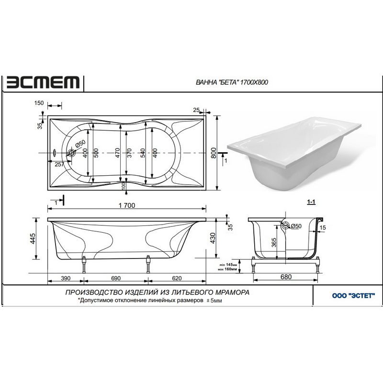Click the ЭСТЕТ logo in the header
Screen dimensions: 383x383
pos(43,82)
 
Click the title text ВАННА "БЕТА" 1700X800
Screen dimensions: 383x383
pos(232,82)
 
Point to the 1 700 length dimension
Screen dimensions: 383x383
pos(127,205)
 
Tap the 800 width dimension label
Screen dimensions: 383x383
pos(214,153)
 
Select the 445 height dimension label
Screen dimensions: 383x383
pos(33,238)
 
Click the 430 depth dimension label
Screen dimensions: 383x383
pos(213,238)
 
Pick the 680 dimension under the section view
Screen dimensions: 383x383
pos(286,277)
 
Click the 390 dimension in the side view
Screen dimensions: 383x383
pos(66,278)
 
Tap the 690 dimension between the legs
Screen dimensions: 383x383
pos(116,278)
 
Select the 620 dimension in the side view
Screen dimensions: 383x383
pos(177,278)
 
